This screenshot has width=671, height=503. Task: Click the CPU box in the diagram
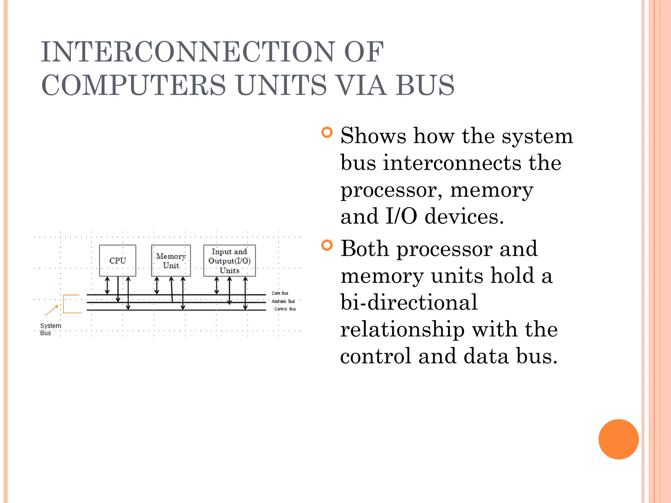[117, 260]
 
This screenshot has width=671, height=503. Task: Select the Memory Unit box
[171, 261]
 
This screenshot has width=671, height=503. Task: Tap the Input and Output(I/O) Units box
[229, 261]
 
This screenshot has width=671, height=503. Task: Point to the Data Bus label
[280, 293]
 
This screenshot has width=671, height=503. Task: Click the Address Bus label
[283, 301]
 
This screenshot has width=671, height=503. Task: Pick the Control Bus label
[285, 309]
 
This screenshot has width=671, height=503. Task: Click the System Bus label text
[50, 329]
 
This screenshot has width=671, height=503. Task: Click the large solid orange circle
[618, 439]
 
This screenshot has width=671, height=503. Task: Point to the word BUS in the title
[425, 85]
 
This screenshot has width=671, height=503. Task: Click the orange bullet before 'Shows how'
[327, 132]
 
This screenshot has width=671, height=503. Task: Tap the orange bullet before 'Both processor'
[327, 245]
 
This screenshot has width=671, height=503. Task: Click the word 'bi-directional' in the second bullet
[409, 302]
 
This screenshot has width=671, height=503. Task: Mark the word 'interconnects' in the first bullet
[452, 162]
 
